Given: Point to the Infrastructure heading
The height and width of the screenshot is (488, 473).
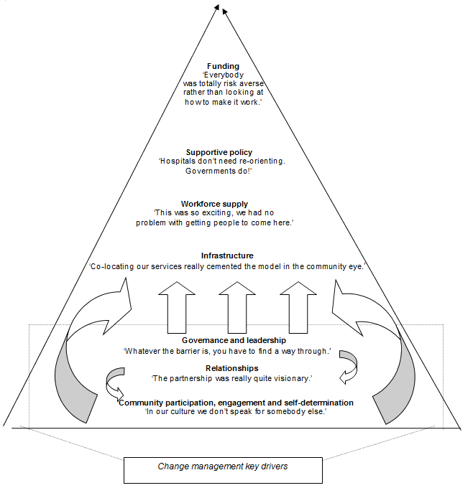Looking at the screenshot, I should pyautogui.click(x=227, y=255).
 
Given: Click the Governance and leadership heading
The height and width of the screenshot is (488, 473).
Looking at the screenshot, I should pyautogui.click(x=224, y=339).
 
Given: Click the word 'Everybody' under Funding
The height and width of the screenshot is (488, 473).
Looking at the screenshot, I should pyautogui.click(x=225, y=75).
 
